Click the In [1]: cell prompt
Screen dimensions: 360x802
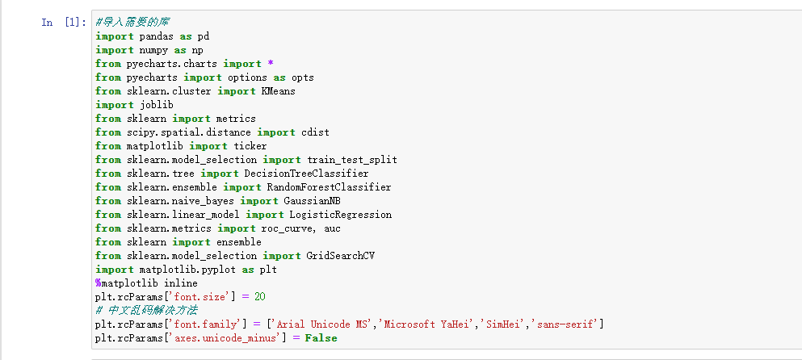pyautogui.click(x=64, y=23)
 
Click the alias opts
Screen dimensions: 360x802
pyautogui.click(x=303, y=77)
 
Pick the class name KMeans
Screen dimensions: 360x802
pyautogui.click(x=279, y=91)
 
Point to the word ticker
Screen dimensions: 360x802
pyautogui.click(x=250, y=146)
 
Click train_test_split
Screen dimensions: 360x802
pyautogui.click(x=352, y=160)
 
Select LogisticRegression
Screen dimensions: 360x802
pyautogui.click(x=340, y=215)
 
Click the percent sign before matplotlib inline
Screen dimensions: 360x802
pyautogui.click(x=98, y=283)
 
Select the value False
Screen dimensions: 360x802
pyautogui.click(x=321, y=338)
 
